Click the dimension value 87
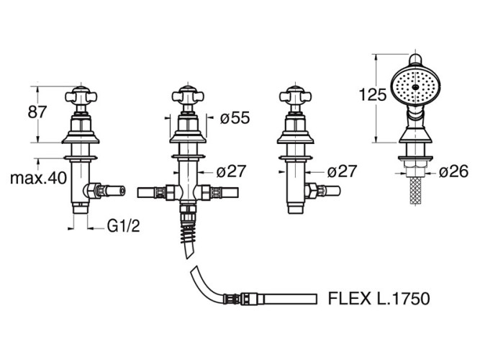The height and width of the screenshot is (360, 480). tap(37, 112)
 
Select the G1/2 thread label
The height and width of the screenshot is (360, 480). tap(123, 226)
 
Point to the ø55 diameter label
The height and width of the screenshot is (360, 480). tap(235, 117)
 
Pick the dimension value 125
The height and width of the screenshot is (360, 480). tap(372, 94)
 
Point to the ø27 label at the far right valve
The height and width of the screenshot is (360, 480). tap(343, 171)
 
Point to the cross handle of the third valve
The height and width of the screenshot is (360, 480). tap(294, 97)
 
